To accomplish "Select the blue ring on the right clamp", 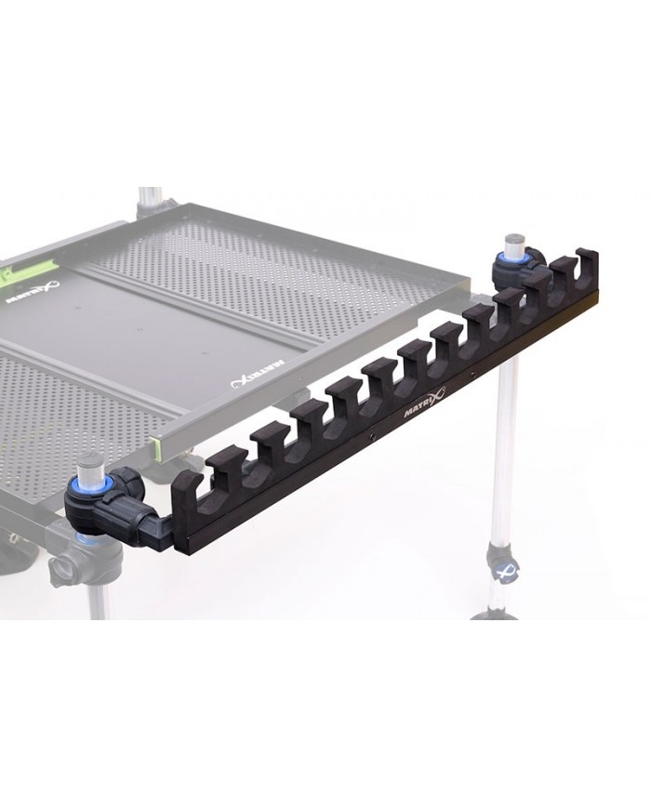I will click(x=510, y=256).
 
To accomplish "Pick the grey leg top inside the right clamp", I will click(x=510, y=241).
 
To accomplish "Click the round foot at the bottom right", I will click(x=493, y=614).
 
